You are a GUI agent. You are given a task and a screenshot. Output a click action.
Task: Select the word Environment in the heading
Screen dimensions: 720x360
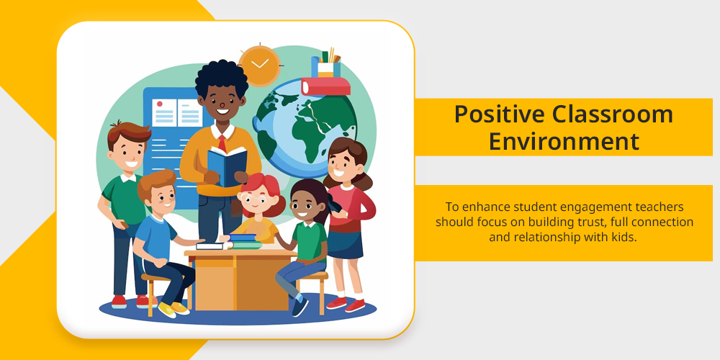pos(564,141)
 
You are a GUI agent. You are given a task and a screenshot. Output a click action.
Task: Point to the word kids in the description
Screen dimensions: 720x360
pos(626,238)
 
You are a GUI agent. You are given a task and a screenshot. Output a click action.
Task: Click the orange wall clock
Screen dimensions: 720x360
pos(259,66)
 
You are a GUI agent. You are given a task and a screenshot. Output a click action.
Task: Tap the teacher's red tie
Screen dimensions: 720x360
pos(222,144)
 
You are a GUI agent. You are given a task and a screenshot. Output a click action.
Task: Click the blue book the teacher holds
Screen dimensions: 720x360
pos(227,166)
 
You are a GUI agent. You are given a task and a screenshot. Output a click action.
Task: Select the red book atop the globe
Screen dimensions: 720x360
pos(325,86)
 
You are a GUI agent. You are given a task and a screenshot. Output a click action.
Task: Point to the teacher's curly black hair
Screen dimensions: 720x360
pos(221,77)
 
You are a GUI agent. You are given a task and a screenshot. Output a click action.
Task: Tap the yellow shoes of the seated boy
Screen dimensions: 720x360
pos(173,309)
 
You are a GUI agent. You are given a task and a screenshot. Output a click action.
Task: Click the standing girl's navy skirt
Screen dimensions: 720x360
pos(345,244)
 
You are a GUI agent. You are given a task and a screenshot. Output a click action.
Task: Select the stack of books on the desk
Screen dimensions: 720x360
pos(244,241)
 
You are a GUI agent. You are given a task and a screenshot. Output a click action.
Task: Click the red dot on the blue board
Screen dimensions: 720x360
pos(160,104)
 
